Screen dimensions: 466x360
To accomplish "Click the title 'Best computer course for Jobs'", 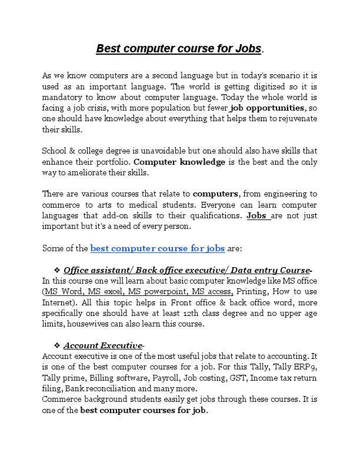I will pos(179,48).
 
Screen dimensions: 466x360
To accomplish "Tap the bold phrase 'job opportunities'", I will pos(268,108).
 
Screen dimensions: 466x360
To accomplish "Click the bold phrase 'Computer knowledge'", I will pos(179,162).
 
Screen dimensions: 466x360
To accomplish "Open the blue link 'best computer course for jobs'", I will pos(158,248).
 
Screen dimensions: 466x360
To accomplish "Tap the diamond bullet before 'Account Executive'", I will pos(57,345).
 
